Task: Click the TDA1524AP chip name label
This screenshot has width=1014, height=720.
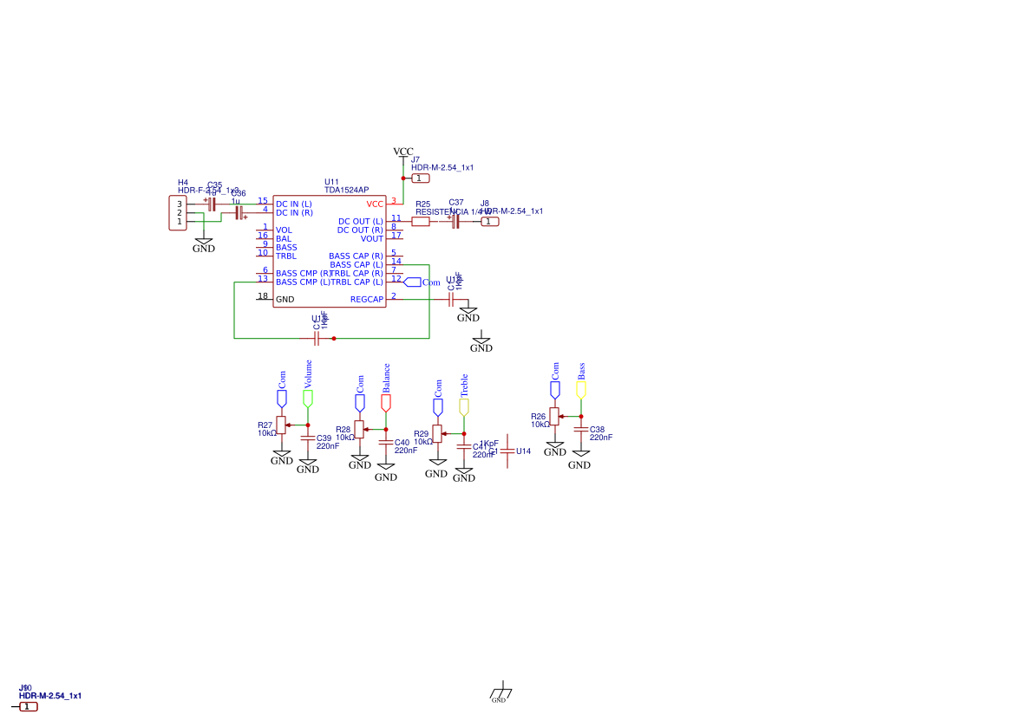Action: (346, 190)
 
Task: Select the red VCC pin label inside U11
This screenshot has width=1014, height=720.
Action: (375, 204)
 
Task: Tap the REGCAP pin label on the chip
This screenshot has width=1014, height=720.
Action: (366, 300)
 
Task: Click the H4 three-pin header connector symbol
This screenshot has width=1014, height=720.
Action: (178, 213)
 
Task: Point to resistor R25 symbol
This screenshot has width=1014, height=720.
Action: (420, 222)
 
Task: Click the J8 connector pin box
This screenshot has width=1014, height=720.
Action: (490, 222)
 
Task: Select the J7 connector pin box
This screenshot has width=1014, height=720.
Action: (420, 178)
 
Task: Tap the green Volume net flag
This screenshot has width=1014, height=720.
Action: (308, 398)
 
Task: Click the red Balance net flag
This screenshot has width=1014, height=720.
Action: (386, 402)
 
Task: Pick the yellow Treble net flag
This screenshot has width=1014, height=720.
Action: (464, 405)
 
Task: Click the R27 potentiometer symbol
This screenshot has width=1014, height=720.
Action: (281, 425)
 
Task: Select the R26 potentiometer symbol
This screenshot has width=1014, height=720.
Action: (554, 416)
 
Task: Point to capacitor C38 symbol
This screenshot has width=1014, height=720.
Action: (581, 431)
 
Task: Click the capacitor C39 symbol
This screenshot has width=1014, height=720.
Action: (308, 438)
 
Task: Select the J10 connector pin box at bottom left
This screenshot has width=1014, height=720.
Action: (29, 707)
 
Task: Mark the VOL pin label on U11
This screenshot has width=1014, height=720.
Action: (284, 230)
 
